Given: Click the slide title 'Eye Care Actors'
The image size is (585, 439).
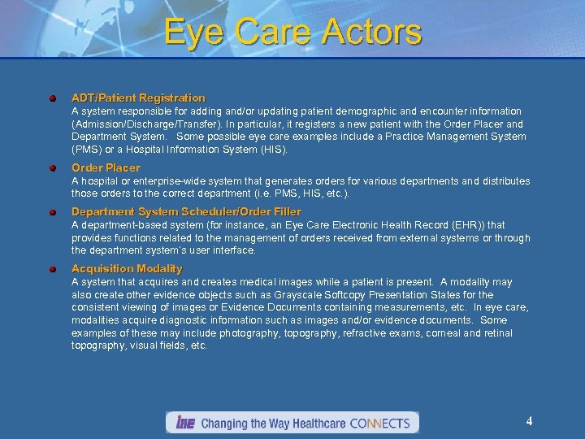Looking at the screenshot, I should pyautogui.click(x=292, y=33).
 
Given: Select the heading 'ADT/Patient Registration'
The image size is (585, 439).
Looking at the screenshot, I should pyautogui.click(x=138, y=98).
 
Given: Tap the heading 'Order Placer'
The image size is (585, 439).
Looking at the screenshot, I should pyautogui.click(x=106, y=167).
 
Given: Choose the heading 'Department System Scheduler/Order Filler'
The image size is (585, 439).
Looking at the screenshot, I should pyautogui.click(x=186, y=211).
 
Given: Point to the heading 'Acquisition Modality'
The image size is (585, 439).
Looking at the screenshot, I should pyautogui.click(x=127, y=268).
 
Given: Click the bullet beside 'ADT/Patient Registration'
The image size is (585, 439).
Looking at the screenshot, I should pyautogui.click(x=51, y=98).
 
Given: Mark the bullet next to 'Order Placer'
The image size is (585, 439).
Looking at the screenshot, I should pyautogui.click(x=51, y=168).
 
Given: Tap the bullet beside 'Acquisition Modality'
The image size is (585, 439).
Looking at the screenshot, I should pyautogui.click(x=51, y=269).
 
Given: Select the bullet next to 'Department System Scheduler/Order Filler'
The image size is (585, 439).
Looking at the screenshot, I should pyautogui.click(x=51, y=212).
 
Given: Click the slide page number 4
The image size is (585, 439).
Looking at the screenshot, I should pyautogui.click(x=529, y=421).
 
